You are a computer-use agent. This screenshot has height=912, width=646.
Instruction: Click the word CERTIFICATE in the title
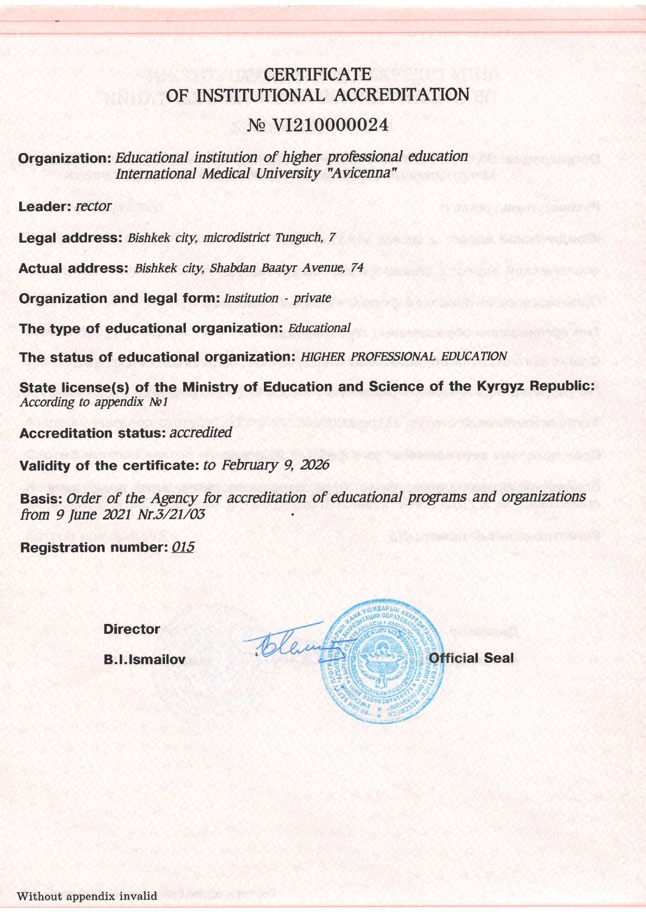coord(318,75)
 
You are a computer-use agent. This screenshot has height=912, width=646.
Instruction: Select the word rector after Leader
coord(93,206)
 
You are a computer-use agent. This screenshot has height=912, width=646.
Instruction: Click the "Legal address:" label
coord(70,238)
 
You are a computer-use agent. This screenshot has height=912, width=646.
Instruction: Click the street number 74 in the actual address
coord(357,268)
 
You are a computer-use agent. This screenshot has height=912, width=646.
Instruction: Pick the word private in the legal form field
coord(312,298)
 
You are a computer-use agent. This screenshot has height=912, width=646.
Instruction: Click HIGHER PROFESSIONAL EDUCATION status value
coord(403,357)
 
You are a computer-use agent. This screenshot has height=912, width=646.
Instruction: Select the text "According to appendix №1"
coord(94,402)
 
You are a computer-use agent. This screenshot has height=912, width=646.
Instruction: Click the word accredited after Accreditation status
coord(200,433)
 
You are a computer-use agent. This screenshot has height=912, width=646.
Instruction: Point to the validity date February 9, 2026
coord(275,464)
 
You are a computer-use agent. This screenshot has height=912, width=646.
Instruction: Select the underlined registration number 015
coord(182,547)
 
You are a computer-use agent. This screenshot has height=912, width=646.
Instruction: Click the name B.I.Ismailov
coord(144,660)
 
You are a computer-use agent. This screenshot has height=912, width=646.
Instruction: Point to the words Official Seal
coord(471,658)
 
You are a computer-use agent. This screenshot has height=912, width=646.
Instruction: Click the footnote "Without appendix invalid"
coord(87,896)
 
